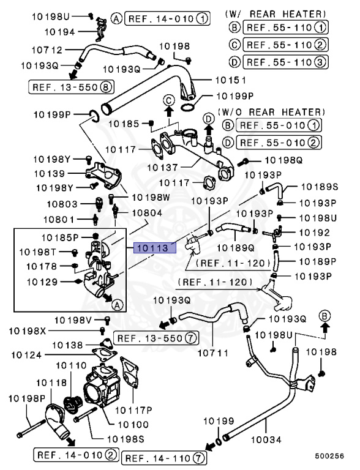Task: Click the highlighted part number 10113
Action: (x=155, y=248)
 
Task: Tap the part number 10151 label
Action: (x=231, y=80)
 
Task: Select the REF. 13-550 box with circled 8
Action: (x=72, y=88)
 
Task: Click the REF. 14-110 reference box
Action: (x=164, y=458)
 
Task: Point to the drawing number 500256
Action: (x=329, y=456)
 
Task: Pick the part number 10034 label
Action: (x=266, y=440)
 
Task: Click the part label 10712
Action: (x=47, y=50)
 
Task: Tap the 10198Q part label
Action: (x=283, y=160)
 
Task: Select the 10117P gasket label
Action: (x=134, y=410)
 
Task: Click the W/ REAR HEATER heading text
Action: (x=276, y=14)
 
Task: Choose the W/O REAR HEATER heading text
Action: (x=271, y=112)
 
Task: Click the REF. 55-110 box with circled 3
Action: (x=285, y=62)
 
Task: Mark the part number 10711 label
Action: (x=212, y=352)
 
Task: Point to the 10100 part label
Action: (x=133, y=425)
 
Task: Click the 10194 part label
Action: (x=60, y=32)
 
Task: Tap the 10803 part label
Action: (x=62, y=204)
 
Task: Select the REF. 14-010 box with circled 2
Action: (x=76, y=455)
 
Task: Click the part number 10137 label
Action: (x=162, y=167)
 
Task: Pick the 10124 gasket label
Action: (x=26, y=355)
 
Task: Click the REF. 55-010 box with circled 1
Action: (x=279, y=125)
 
